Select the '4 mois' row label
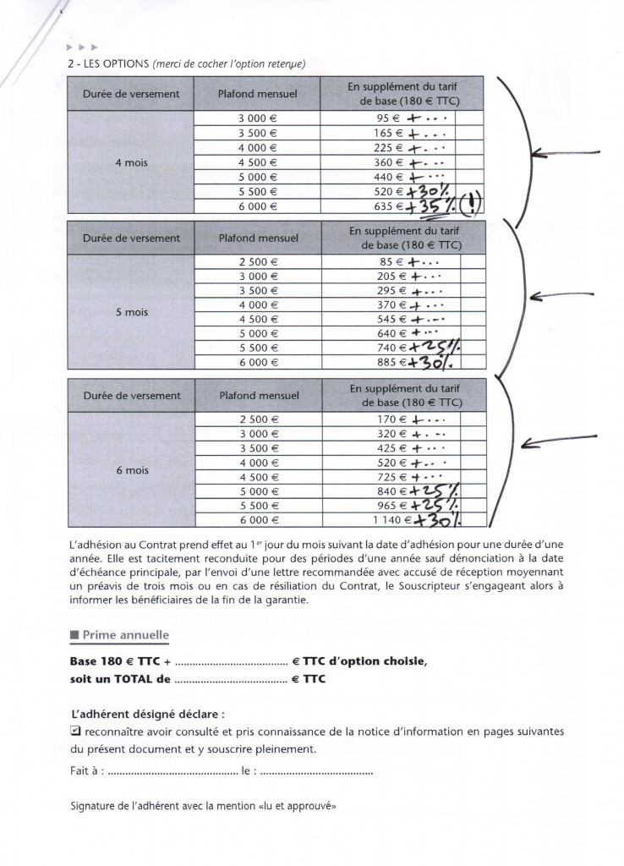click(131, 163)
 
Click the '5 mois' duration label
click(131, 313)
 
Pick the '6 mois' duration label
click(131, 470)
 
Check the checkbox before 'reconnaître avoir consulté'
click(75, 731)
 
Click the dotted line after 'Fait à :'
click(173, 772)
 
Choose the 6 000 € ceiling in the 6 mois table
click(258, 521)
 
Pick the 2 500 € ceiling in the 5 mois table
click(258, 262)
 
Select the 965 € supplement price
click(387, 507)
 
